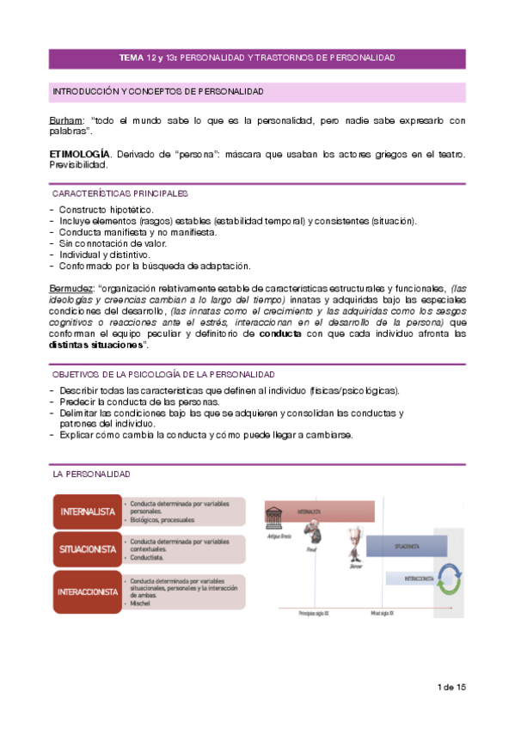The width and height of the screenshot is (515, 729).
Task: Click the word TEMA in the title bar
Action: coord(132,58)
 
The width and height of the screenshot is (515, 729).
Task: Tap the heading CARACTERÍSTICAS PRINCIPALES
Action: coord(120,194)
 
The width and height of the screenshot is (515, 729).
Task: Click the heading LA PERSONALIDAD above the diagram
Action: coord(91,475)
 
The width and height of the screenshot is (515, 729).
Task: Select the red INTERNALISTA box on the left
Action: coord(86,511)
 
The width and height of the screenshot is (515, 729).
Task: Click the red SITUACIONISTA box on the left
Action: coord(86,548)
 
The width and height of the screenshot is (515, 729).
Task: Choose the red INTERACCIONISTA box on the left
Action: coord(86,591)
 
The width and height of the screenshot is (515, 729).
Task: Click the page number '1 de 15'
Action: coord(451,688)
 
